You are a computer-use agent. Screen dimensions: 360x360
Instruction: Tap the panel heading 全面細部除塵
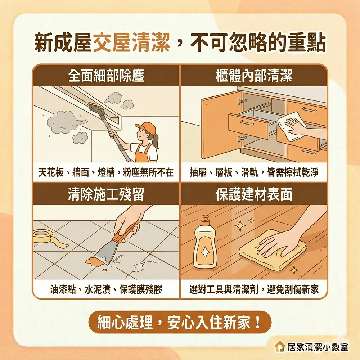click(106, 76)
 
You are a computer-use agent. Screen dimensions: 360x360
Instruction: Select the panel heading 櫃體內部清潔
click(254, 76)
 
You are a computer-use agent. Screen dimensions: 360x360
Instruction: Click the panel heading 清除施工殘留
click(106, 194)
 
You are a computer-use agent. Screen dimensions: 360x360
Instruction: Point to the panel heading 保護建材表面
click(254, 194)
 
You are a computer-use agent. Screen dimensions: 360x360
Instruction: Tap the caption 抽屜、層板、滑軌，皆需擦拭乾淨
click(254, 173)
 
